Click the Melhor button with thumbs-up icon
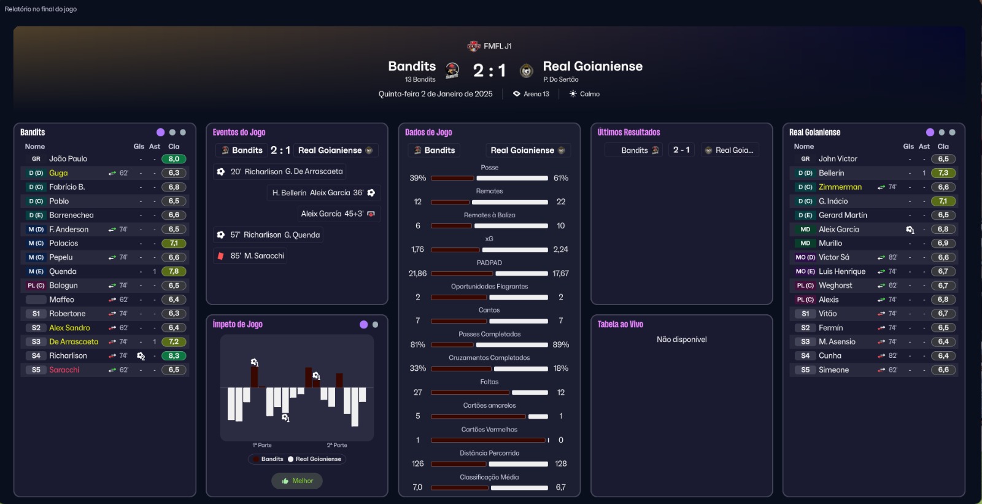click(297, 481)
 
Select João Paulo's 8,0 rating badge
click(174, 159)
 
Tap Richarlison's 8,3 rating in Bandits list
click(174, 356)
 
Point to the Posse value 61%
click(560, 178)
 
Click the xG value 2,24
click(560, 249)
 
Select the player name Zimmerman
click(840, 187)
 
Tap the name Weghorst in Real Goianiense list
click(835, 285)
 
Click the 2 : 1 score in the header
click(489, 71)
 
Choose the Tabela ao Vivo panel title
click(620, 324)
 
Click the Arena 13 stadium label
click(536, 94)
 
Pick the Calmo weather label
click(589, 94)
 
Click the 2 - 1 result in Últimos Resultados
click(681, 150)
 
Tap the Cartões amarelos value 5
click(418, 416)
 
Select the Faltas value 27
click(418, 392)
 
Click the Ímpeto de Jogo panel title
click(238, 324)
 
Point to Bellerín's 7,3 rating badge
click(943, 173)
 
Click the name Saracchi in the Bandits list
click(64, 370)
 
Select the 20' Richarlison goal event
click(280, 172)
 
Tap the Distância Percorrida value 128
click(560, 463)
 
